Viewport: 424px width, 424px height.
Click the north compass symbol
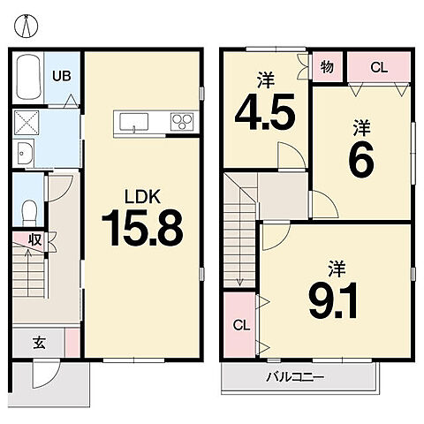(x=26, y=26)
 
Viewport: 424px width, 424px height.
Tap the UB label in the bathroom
(x=62, y=76)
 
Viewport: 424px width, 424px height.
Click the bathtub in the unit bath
(x=28, y=78)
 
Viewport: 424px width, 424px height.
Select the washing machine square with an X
(x=26, y=123)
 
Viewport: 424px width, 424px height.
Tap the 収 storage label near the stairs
(x=34, y=240)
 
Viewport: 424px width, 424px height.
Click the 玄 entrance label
(x=39, y=343)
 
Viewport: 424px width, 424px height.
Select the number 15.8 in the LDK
(x=142, y=228)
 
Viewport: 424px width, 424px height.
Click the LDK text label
(x=142, y=197)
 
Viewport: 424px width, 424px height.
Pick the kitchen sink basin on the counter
(x=134, y=122)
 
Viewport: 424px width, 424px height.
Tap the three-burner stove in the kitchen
(x=182, y=122)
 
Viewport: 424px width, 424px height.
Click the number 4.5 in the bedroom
(x=265, y=112)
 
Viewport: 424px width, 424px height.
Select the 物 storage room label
(x=327, y=67)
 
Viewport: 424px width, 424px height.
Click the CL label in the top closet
(x=379, y=68)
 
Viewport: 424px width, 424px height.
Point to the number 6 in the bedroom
(x=361, y=160)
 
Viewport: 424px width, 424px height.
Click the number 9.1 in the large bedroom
(x=333, y=300)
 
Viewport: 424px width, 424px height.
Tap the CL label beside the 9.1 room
(x=241, y=325)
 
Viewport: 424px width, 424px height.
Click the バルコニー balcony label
(x=295, y=377)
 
